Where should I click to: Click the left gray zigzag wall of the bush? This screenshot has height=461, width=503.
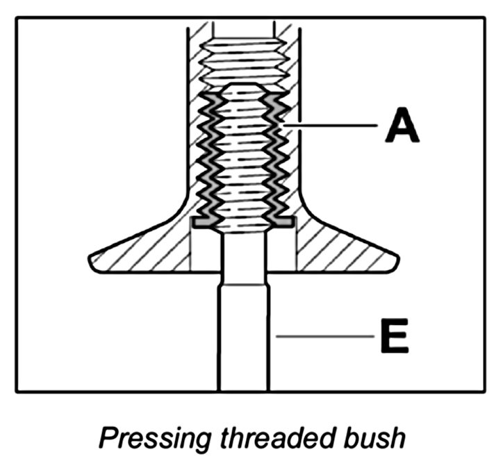click(208, 156)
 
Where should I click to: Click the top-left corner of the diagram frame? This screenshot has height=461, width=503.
click(17, 18)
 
